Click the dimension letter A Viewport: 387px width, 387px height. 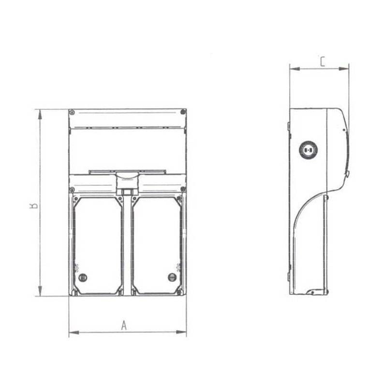click(124, 325)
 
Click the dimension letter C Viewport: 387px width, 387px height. click(323, 62)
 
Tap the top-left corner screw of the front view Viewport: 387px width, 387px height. click(72, 112)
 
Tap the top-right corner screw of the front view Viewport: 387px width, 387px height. click(183, 112)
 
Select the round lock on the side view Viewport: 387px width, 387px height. click(308, 149)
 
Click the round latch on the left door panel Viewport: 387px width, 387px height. click(83, 277)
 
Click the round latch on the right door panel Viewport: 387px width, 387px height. click(172, 277)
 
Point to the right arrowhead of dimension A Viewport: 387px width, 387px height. click(181, 332)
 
